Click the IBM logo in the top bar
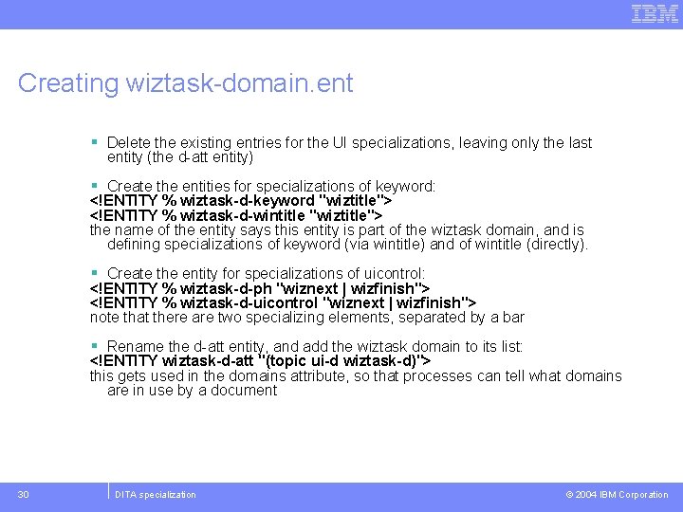655,13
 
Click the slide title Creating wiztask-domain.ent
185,83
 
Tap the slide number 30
24,494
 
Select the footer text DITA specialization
155,494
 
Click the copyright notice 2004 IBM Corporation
617,494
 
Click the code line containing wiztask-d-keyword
241,201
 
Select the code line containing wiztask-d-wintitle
235,215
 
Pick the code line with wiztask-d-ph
260,288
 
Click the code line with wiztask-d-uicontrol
283,302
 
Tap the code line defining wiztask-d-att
261,361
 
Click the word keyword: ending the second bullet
405,187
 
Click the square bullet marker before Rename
95,347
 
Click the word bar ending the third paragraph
513,318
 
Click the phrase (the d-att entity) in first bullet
180,157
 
